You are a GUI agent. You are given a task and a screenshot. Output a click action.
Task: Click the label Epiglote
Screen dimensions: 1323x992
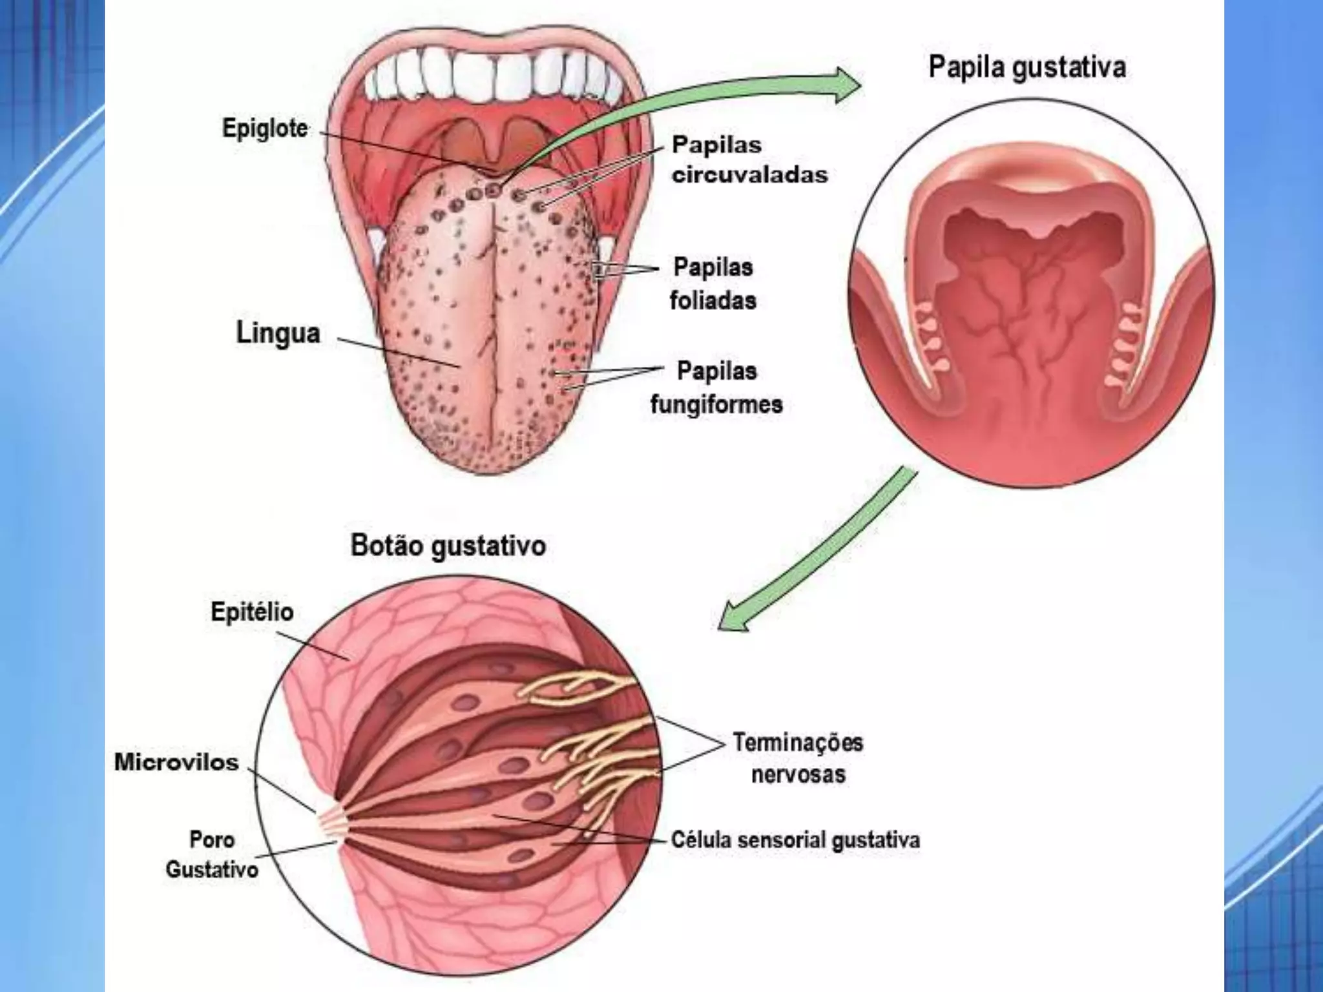tap(265, 129)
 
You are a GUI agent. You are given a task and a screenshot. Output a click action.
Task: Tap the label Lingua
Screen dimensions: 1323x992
tap(278, 334)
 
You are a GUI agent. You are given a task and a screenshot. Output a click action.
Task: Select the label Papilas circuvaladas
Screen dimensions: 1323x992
tap(749, 160)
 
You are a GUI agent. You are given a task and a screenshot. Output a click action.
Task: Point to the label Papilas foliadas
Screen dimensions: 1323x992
tap(713, 284)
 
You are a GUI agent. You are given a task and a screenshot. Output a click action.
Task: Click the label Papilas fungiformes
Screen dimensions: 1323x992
tap(716, 387)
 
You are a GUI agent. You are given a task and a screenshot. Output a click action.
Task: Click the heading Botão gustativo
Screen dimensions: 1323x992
tap(448, 546)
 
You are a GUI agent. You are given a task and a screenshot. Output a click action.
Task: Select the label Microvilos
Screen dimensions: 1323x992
tap(176, 762)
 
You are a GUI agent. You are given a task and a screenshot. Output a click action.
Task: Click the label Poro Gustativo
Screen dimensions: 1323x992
tap(212, 854)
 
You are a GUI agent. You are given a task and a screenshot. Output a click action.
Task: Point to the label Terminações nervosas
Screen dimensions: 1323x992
tap(798, 758)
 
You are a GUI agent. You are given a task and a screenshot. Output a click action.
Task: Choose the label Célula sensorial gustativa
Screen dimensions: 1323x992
tap(795, 840)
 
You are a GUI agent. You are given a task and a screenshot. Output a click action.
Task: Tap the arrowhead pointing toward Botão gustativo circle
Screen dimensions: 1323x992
tap(733, 616)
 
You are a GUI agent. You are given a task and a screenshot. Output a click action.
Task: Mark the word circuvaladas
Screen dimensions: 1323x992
tap(749, 175)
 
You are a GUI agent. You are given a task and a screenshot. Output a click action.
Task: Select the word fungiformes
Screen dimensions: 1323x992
tap(716, 405)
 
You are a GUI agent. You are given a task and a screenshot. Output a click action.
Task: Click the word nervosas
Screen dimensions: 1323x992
tap(798, 774)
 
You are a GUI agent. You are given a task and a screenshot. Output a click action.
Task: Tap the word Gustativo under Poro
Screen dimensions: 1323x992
tap(212, 869)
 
